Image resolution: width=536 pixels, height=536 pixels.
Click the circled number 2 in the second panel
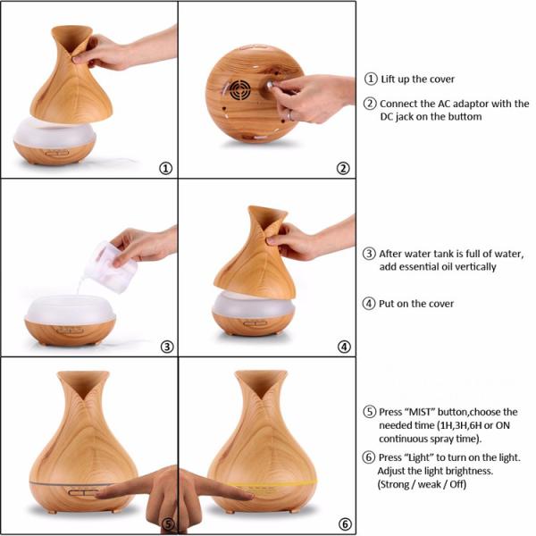click(x=343, y=168)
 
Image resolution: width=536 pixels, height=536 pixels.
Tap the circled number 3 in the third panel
click(x=165, y=347)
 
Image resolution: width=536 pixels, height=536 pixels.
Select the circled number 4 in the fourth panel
click(x=343, y=347)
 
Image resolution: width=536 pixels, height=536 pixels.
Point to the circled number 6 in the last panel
click(x=344, y=524)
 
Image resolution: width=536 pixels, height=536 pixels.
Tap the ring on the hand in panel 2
click(x=289, y=115)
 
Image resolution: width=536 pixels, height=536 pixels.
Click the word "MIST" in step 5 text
click(x=416, y=412)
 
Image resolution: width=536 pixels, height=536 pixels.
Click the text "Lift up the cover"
click(x=418, y=80)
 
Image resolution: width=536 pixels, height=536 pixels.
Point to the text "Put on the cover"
click(x=420, y=304)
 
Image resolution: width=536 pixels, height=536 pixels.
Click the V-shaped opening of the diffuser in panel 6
click(x=260, y=382)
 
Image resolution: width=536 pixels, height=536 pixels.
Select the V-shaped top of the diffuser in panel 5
click(x=83, y=382)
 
